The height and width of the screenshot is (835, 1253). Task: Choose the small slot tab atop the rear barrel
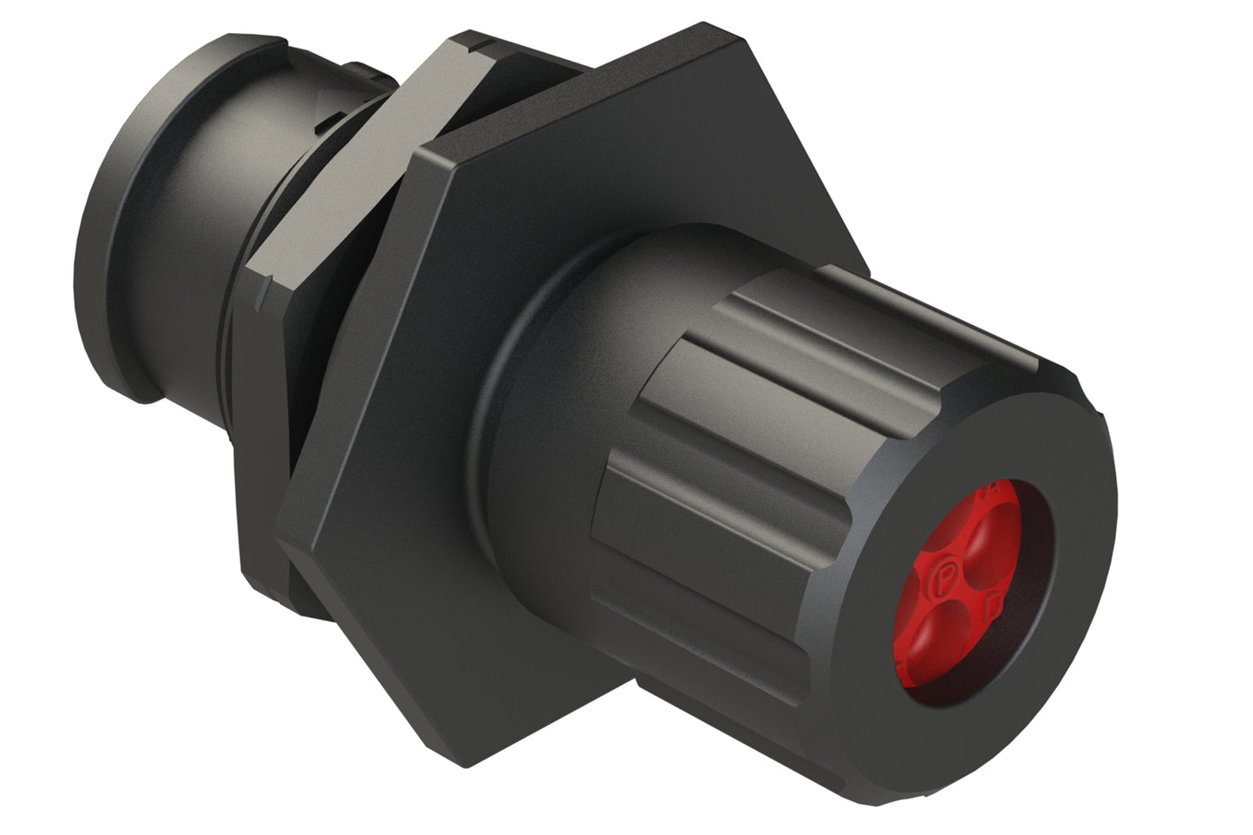[x=360, y=65]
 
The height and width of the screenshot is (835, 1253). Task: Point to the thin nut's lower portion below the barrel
[x=260, y=538]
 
